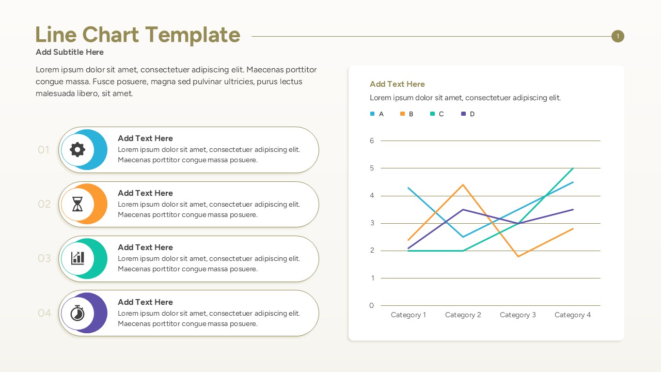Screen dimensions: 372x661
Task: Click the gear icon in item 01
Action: point(77,150)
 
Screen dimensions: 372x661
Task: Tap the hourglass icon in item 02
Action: point(77,205)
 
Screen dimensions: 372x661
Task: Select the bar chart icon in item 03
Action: point(77,258)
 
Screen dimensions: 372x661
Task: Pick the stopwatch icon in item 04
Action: point(77,313)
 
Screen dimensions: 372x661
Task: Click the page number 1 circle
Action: point(618,36)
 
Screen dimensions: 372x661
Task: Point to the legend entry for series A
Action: point(377,114)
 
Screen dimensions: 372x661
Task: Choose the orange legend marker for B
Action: point(402,114)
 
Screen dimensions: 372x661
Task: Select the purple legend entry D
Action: point(468,114)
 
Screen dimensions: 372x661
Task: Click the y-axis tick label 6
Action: point(371,141)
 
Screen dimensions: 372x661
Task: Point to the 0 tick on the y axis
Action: point(371,305)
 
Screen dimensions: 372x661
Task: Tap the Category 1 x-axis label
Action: point(408,315)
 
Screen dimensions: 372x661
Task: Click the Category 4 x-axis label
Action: point(573,315)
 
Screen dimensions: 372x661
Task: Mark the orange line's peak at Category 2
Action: point(463,185)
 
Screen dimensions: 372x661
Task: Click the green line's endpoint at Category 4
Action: point(573,168)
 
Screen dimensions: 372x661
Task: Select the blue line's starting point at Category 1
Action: point(408,188)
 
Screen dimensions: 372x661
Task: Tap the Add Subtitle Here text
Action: point(70,52)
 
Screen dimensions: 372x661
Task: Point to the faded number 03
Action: point(44,258)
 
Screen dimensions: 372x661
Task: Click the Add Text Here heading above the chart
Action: point(397,84)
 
